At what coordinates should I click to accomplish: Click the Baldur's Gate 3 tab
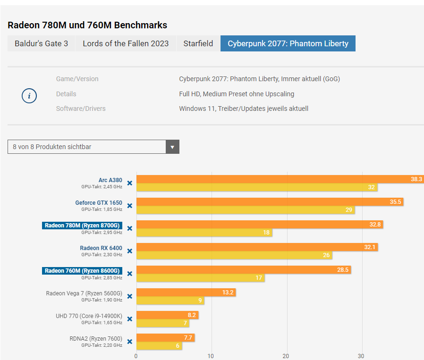click(x=41, y=43)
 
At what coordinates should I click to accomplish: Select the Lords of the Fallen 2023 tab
click(x=126, y=43)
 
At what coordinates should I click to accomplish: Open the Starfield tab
click(x=198, y=43)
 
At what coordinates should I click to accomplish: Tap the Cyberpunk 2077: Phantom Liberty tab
click(x=288, y=43)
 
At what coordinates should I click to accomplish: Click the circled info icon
click(x=29, y=96)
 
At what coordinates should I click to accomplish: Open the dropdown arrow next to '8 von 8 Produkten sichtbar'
click(x=172, y=147)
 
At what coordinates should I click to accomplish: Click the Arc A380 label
click(x=110, y=180)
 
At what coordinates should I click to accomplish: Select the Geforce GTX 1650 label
click(x=99, y=203)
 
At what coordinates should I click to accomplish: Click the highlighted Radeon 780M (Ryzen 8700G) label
click(x=82, y=226)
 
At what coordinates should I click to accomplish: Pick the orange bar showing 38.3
click(x=279, y=179)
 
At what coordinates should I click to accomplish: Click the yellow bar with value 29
click(x=246, y=210)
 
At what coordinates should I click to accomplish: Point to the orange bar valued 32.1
click(x=257, y=247)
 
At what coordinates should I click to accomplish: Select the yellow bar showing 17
click(x=200, y=278)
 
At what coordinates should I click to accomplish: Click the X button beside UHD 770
click(x=130, y=319)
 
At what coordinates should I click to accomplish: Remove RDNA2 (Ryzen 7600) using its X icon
click(x=130, y=342)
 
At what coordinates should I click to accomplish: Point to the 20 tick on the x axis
click(x=286, y=356)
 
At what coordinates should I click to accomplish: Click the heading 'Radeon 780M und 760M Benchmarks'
click(x=87, y=25)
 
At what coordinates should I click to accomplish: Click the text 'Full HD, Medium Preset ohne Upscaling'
click(x=237, y=94)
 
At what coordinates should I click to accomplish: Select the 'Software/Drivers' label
click(x=81, y=109)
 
